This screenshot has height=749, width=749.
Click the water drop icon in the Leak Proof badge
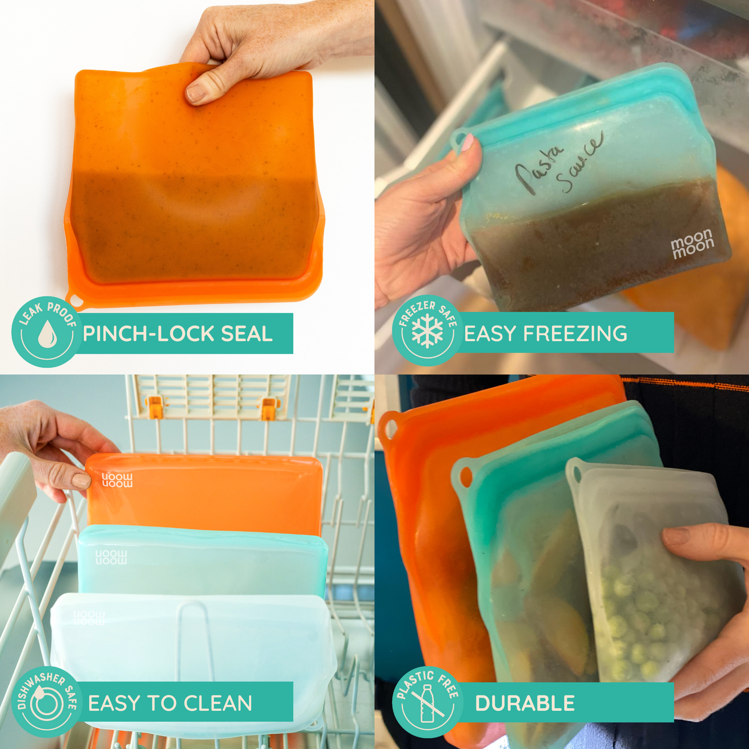coord(47,334)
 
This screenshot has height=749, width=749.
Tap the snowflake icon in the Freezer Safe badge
coord(427,333)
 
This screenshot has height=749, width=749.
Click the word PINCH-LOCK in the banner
coord(149,334)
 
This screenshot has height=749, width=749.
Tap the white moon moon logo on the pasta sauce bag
coord(693,243)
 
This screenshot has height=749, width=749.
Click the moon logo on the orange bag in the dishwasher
coord(117,480)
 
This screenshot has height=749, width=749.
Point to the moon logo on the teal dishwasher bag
coord(111,557)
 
